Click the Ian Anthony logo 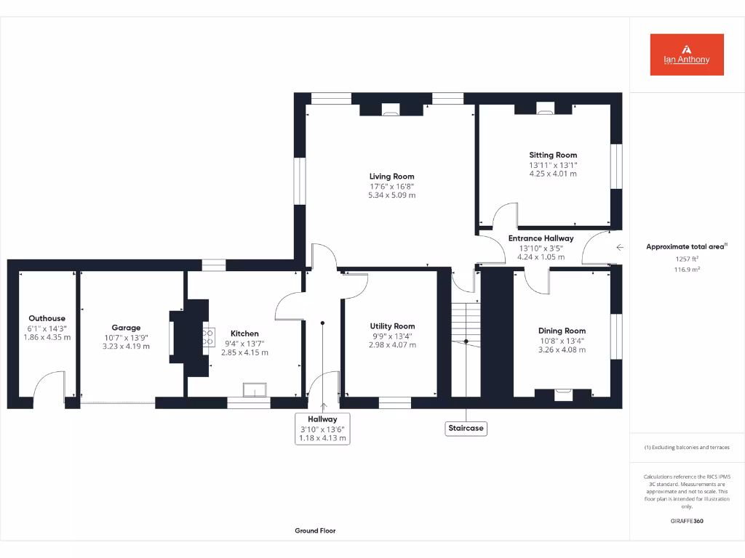[686, 54]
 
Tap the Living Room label [391, 177]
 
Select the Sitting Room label [553, 155]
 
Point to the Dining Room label [562, 331]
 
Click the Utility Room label [392, 326]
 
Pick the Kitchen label [244, 333]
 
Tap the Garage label [126, 328]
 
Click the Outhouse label [47, 318]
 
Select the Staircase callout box [466, 428]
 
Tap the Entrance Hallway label [541, 238]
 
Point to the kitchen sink [255, 390]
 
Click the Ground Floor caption [315, 531]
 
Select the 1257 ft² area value [686, 259]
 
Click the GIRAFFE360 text [686, 521]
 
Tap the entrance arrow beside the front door [619, 248]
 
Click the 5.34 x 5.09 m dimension [391, 195]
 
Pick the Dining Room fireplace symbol [564, 395]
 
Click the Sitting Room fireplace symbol [545, 109]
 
